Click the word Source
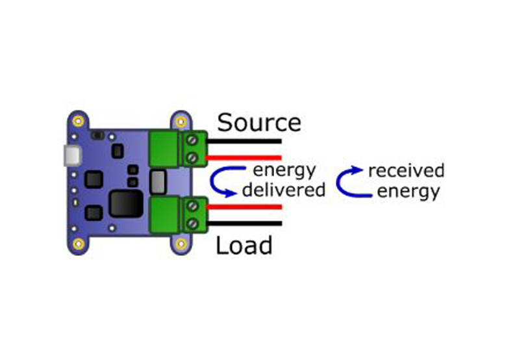pos(258,122)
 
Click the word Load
pos(244,246)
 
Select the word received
pos(406,171)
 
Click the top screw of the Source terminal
pos(192,140)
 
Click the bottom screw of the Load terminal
pos(192,224)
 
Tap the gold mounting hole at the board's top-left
pos(79,121)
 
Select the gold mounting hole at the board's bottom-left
pos(79,244)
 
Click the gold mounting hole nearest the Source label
pos(180,121)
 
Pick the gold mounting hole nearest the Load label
pos(180,244)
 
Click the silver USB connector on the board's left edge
pos(70,155)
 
